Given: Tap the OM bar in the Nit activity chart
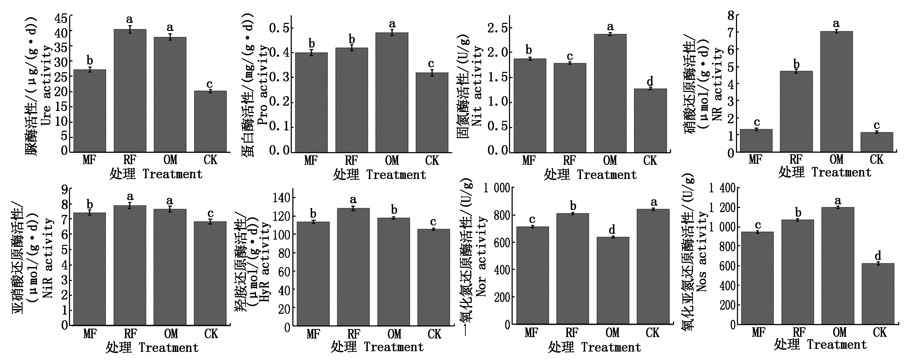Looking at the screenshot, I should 610,93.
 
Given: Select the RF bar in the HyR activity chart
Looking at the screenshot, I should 353,267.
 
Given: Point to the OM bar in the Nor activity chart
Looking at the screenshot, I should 613,280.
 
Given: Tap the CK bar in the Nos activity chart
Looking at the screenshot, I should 878,293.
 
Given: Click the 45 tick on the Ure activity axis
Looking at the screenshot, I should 61,18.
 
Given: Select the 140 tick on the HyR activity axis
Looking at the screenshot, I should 281,198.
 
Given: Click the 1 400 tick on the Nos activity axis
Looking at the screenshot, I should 722,188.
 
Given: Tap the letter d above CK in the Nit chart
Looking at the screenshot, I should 650,81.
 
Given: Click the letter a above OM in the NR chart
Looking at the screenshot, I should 836,24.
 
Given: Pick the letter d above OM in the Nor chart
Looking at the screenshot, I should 612,230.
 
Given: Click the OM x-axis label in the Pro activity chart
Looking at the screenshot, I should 392,161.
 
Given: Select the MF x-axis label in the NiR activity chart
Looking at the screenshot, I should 90,334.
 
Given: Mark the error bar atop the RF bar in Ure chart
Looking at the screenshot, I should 130,29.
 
